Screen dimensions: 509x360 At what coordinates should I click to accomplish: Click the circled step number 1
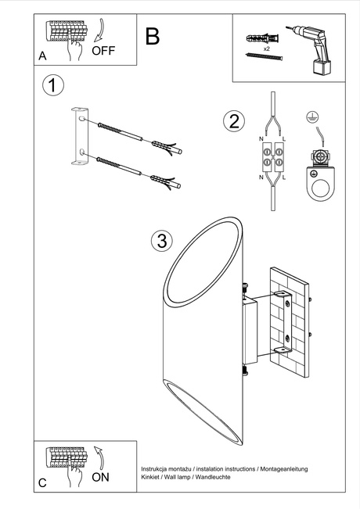(52, 85)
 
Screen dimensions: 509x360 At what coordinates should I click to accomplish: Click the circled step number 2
(232, 121)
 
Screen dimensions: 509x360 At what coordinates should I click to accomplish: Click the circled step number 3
(161, 241)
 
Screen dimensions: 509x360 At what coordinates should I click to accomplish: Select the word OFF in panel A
(103, 52)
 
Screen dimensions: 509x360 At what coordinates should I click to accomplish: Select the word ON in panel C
(100, 478)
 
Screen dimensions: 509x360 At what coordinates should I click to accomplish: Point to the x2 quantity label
(267, 48)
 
